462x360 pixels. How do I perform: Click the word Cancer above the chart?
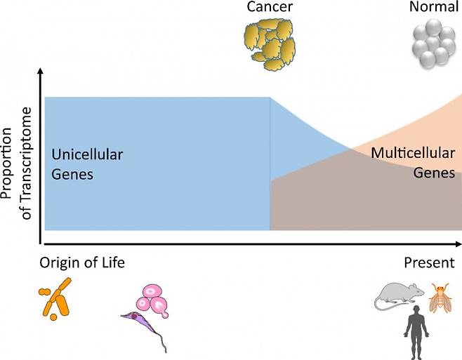click(x=270, y=8)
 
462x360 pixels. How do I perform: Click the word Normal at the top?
click(x=433, y=8)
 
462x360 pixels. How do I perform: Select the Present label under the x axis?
click(x=428, y=263)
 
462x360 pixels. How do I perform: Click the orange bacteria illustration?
click(x=56, y=298)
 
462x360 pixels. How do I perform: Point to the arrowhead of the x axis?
click(x=457, y=244)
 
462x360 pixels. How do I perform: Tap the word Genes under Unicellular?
click(x=72, y=173)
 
